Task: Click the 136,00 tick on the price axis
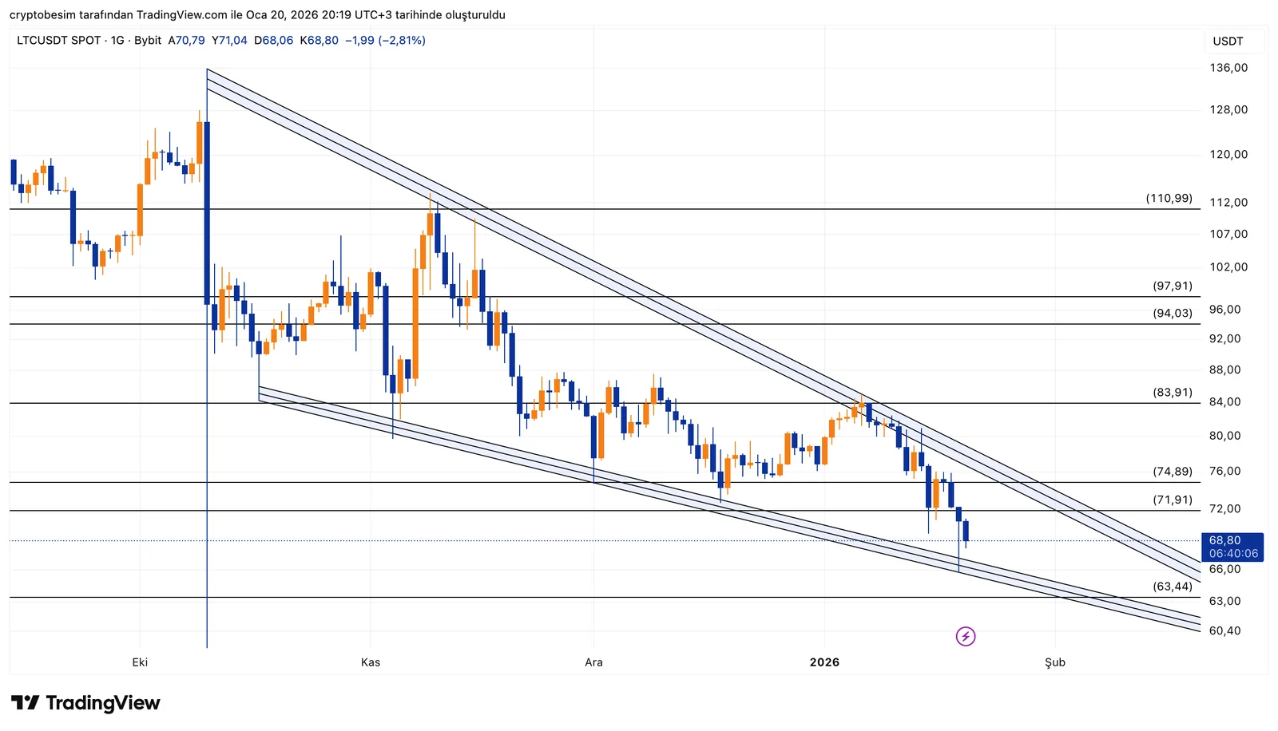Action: click(x=1228, y=68)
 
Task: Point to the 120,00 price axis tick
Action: click(x=1228, y=155)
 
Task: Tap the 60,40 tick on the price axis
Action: click(x=1225, y=630)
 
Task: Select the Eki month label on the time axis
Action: click(x=140, y=662)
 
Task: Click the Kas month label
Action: click(x=371, y=662)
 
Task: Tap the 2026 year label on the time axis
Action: click(x=824, y=662)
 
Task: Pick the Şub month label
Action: click(x=1055, y=662)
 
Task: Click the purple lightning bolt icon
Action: click(x=966, y=636)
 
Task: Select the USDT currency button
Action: click(x=1228, y=41)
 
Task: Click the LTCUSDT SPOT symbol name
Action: click(x=59, y=40)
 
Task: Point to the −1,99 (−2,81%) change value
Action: click(x=385, y=40)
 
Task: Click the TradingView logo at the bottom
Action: click(x=85, y=703)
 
